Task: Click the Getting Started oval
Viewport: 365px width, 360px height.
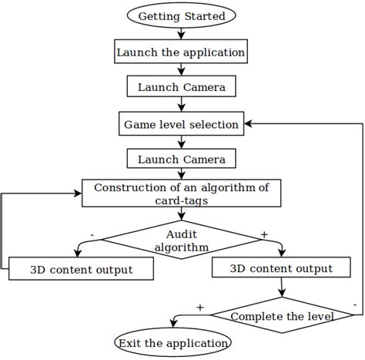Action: pyautogui.click(x=181, y=16)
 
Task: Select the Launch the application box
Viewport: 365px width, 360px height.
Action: pyautogui.click(x=181, y=52)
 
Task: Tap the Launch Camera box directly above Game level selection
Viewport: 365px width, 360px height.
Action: pyautogui.click(x=181, y=87)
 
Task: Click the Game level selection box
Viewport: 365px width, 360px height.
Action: pyautogui.click(x=181, y=123)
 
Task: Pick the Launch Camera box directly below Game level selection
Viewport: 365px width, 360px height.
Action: pyautogui.click(x=181, y=159)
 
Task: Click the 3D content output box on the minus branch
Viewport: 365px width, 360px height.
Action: pyautogui.click(x=81, y=270)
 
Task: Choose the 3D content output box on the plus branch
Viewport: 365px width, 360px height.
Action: pyautogui.click(x=282, y=269)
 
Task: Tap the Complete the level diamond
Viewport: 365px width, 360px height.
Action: pyautogui.click(x=281, y=316)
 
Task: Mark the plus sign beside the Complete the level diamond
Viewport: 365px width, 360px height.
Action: pyautogui.click(x=201, y=306)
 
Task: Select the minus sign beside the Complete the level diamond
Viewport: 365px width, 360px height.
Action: pyautogui.click(x=353, y=306)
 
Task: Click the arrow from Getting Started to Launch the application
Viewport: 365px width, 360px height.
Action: pyautogui.click(x=181, y=34)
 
